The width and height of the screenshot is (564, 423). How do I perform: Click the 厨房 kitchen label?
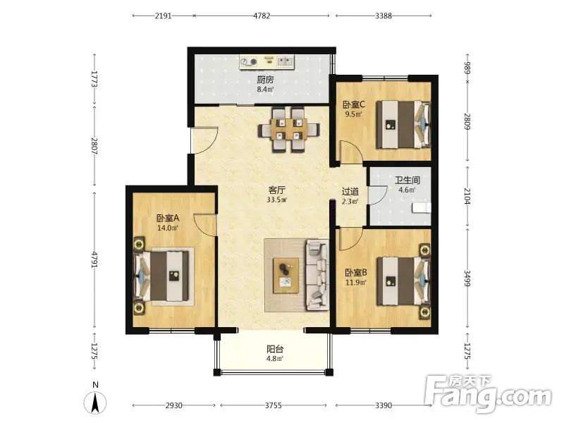click(265, 80)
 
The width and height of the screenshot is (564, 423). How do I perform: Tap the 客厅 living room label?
click(277, 190)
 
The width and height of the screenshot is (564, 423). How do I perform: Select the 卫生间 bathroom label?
click(407, 180)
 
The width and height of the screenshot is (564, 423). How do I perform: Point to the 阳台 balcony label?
click(275, 349)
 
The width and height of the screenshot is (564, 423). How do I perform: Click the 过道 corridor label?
click(350, 192)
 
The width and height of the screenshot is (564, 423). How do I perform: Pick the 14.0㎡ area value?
click(168, 228)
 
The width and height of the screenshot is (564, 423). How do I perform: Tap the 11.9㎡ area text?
click(356, 283)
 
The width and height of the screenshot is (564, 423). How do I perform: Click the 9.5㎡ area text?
click(353, 115)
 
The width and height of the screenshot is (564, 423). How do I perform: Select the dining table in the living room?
click(289, 130)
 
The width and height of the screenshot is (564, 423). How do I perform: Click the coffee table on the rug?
click(286, 276)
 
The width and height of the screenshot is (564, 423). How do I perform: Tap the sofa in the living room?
click(317, 275)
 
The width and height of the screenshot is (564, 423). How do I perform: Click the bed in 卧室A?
click(161, 276)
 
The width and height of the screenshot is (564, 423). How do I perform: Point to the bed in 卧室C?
click(403, 124)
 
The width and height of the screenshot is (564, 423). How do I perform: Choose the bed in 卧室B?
click(403, 281)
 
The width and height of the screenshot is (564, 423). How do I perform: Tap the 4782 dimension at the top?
click(262, 16)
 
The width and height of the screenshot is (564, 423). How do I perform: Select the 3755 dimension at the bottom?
click(274, 405)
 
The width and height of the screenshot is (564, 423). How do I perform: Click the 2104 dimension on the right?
click(467, 197)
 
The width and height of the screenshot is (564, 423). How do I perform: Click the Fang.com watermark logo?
click(487, 394)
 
